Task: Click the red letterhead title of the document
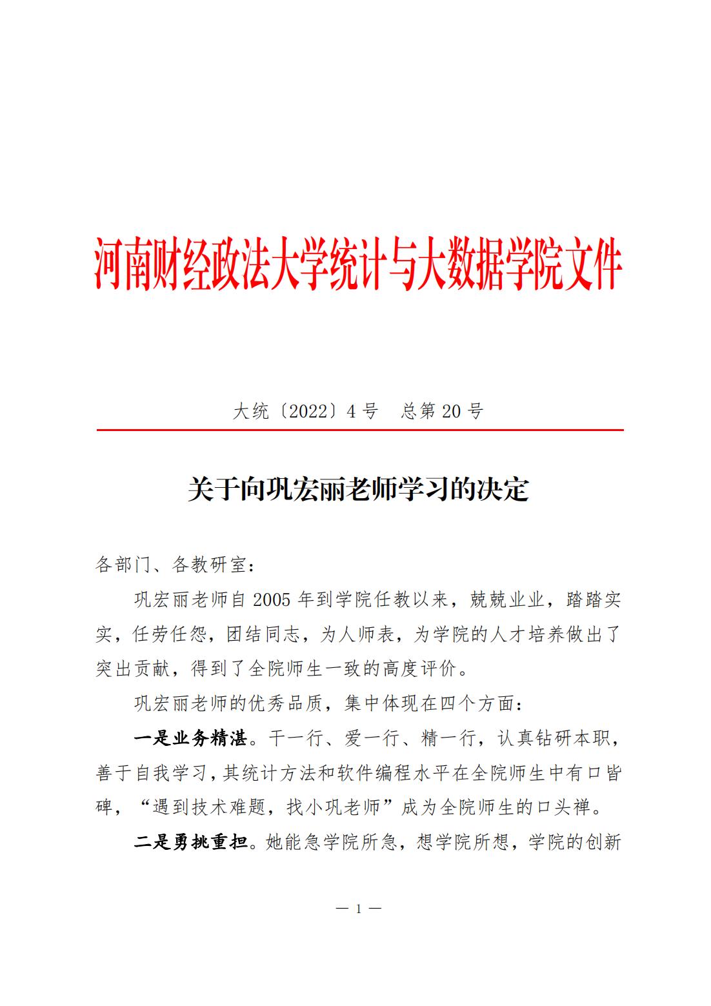tap(358, 265)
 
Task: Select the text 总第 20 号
tap(442, 411)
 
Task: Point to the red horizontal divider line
tap(360, 430)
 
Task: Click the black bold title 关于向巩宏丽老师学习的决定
tap(358, 490)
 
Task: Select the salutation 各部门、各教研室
tap(171, 565)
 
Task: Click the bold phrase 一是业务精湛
tap(190, 738)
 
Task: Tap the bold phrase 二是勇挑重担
tap(190, 842)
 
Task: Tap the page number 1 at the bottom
tap(359, 909)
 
